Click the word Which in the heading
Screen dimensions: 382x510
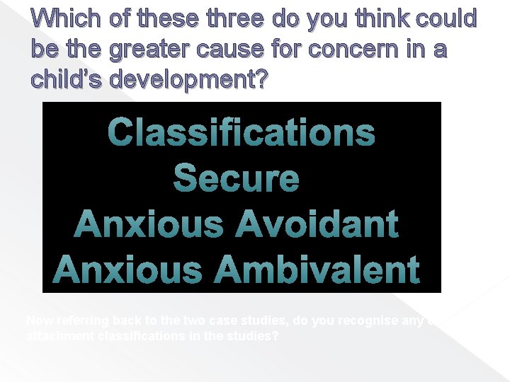pyautogui.click(x=63, y=20)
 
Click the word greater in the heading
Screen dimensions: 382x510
pyautogui.click(x=157, y=51)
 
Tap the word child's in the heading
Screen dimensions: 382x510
pyautogui.click(x=68, y=81)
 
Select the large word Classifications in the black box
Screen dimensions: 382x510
pyautogui.click(x=241, y=132)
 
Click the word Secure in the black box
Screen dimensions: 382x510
pyautogui.click(x=237, y=178)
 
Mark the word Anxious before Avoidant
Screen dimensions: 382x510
pyautogui.click(x=147, y=224)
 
